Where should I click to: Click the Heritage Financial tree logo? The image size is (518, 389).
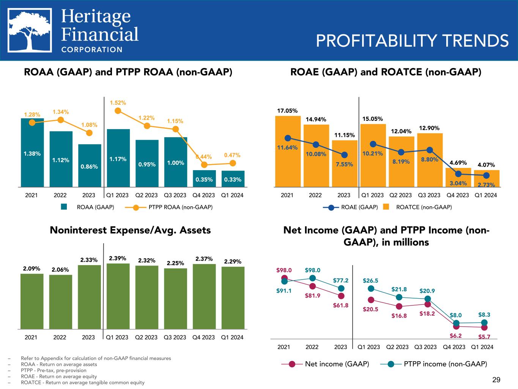[30, 31]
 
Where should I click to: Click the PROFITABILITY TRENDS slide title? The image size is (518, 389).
[412, 41]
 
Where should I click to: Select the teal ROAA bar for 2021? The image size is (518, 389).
[32, 152]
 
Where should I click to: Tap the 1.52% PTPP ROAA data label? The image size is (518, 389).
[118, 103]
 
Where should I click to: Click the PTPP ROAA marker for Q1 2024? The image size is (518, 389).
[233, 163]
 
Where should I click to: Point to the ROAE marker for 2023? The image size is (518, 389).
[344, 155]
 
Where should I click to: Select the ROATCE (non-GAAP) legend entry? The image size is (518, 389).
[417, 207]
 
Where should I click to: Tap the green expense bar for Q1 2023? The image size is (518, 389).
[118, 296]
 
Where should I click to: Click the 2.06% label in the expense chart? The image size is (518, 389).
[60, 270]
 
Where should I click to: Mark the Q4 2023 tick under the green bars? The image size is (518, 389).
[204, 337]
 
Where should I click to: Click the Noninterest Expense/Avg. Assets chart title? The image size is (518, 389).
[130, 230]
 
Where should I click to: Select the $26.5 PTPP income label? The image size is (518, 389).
[370, 281]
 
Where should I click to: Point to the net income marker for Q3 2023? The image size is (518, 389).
[427, 304]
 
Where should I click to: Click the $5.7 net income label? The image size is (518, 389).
[484, 337]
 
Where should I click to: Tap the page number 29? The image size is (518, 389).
[496, 380]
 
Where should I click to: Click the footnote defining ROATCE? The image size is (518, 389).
[82, 383]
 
